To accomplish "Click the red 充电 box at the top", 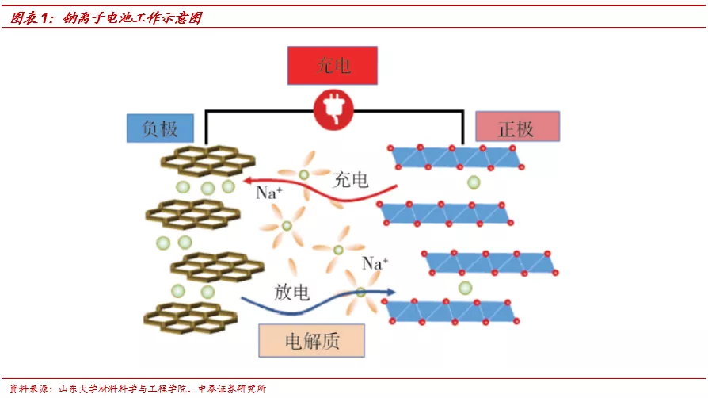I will pos(332,66).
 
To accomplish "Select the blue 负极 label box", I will pos(160,128).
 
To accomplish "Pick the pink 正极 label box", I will pos(516,127).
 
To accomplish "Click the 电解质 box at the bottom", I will pos(311,341).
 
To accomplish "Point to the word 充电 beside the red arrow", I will pos(351,179).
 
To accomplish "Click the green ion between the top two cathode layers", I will pos(474,183).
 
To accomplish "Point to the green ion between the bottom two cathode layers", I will pos(465,288).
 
